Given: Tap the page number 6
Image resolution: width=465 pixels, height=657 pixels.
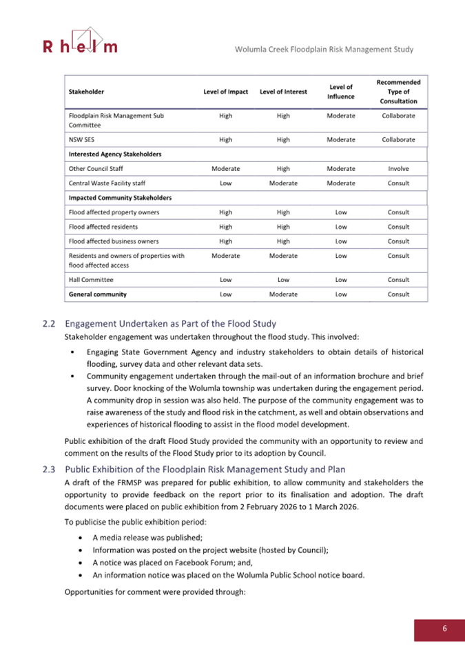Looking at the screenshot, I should click(444, 628).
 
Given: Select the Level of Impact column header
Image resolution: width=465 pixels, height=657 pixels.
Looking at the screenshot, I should click(225, 92).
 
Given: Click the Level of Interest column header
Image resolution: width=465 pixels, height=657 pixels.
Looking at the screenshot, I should click(282, 92).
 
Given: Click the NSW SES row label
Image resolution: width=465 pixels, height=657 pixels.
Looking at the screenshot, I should click(81, 139).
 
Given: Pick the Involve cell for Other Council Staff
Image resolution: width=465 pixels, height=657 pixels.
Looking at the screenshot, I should click(398, 168).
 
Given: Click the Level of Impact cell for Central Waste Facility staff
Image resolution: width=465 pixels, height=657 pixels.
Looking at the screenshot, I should click(225, 183).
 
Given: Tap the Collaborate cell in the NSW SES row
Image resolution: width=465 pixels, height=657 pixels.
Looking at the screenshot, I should click(398, 139).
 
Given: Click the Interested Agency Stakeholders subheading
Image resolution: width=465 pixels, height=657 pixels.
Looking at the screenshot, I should click(115, 154).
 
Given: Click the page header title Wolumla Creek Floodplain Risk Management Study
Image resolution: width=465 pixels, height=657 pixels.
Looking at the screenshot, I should click(324, 50).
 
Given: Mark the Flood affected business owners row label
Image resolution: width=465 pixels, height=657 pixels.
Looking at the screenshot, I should click(114, 241).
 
